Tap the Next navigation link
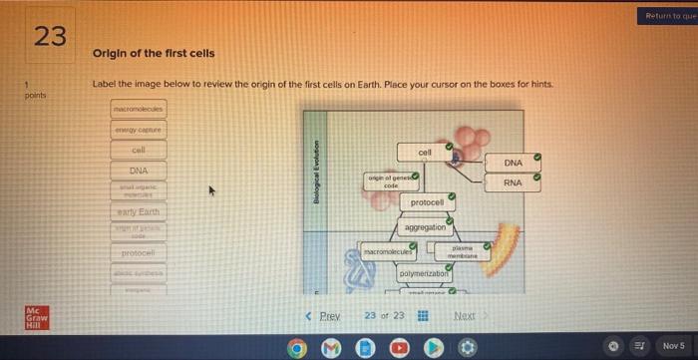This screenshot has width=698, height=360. click(x=465, y=316)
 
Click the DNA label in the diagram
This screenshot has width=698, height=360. click(x=513, y=163)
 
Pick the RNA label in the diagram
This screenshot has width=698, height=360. click(x=513, y=183)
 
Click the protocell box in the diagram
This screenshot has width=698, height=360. click(x=426, y=202)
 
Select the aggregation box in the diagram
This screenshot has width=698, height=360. click(x=426, y=227)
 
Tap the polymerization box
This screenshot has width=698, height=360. click(x=425, y=273)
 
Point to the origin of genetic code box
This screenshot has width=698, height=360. click(x=391, y=181)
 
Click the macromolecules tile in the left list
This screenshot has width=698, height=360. click(x=140, y=108)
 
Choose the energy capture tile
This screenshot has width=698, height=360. click(x=140, y=129)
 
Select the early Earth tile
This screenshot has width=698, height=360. click(x=140, y=212)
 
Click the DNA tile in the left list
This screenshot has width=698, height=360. click(x=140, y=171)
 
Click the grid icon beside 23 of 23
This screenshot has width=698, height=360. click(x=423, y=316)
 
